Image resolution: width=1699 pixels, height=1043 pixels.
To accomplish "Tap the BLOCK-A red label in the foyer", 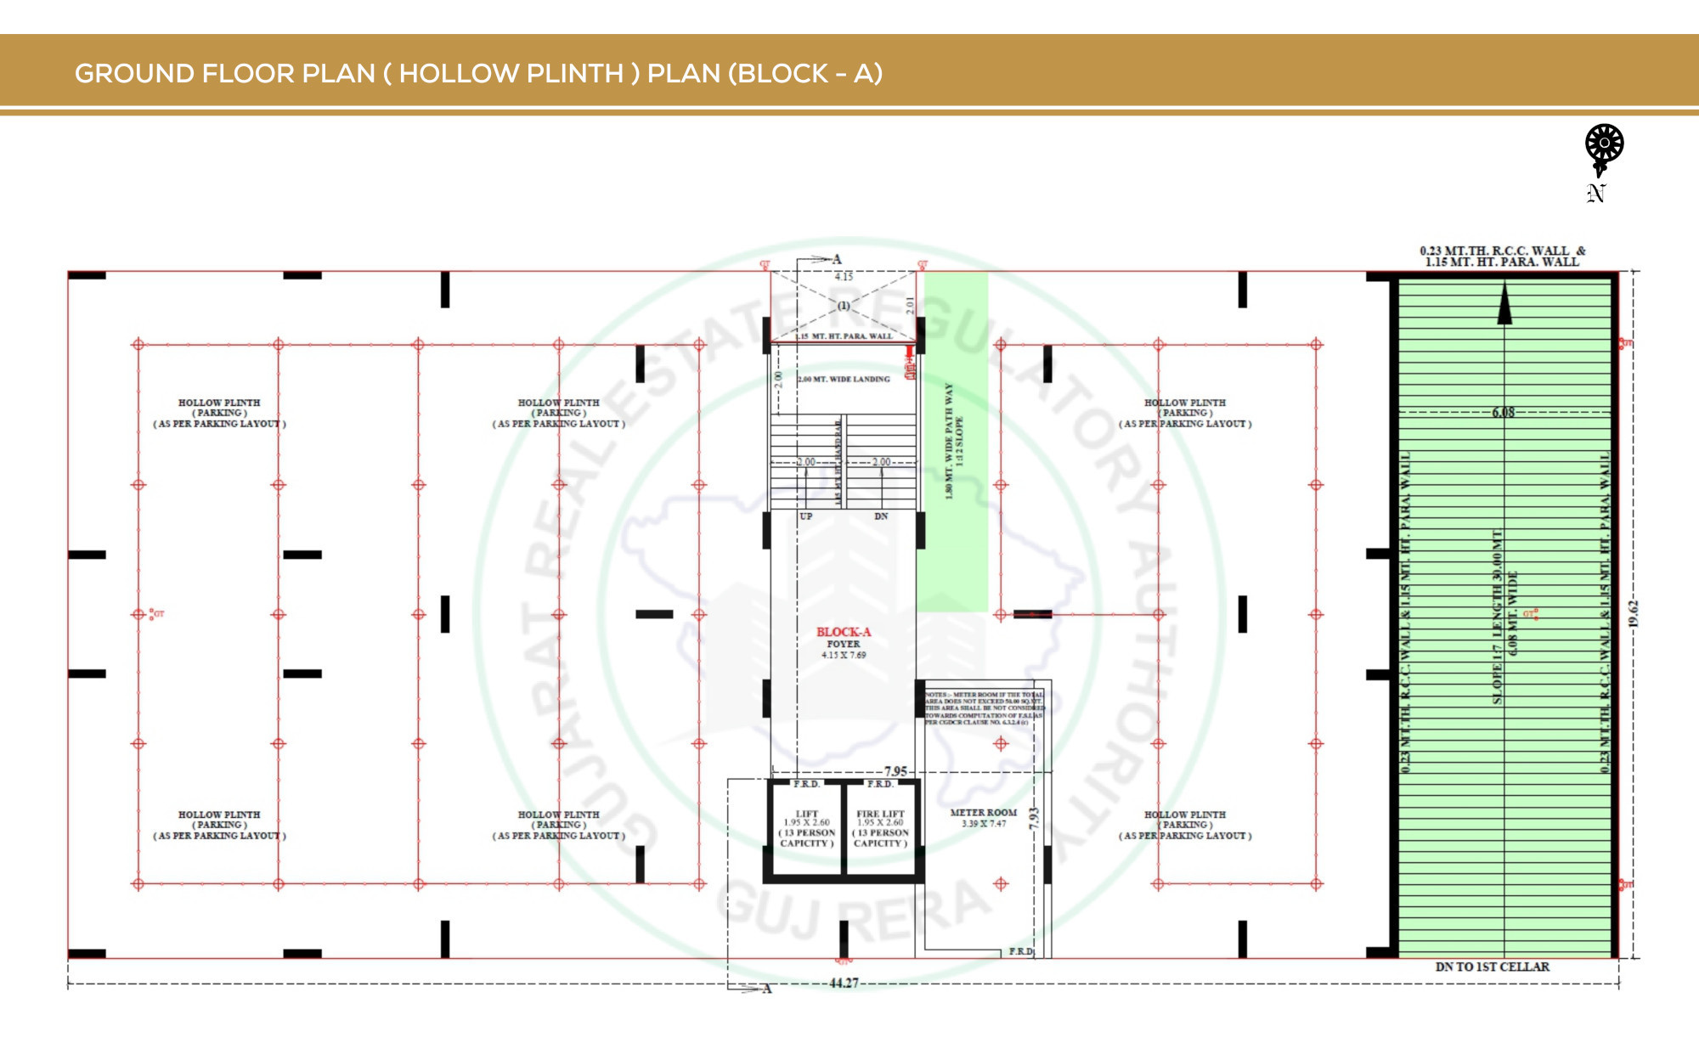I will [x=844, y=632].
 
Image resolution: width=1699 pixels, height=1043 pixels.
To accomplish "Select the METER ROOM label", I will [x=983, y=813].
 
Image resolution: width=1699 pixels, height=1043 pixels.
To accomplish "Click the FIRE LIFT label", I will [x=880, y=814].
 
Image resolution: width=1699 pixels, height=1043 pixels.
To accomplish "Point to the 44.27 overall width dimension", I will [x=844, y=983].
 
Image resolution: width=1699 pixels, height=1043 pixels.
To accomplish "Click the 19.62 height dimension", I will [x=1633, y=613].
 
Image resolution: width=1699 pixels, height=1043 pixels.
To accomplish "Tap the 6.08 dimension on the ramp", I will [x=1503, y=413].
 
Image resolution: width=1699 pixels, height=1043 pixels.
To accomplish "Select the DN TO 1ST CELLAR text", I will [x=1492, y=967].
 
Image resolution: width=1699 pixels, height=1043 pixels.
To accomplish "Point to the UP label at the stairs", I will [x=805, y=516].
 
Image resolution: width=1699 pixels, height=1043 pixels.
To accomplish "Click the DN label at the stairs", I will [x=881, y=516].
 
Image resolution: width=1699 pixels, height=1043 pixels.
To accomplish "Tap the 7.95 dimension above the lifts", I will [x=895, y=771].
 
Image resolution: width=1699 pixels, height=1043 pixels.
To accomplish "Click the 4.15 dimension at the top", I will [x=844, y=277].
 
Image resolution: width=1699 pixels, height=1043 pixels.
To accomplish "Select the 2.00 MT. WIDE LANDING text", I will [x=844, y=380].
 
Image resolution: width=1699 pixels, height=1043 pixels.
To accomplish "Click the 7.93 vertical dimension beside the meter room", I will [x=1034, y=818].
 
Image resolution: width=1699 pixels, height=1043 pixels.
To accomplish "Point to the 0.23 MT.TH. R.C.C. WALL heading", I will [x=1502, y=251].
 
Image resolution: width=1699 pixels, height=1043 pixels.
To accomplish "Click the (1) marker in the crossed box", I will [x=844, y=306].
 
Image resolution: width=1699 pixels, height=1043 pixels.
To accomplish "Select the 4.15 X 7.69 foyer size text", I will [x=844, y=655].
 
